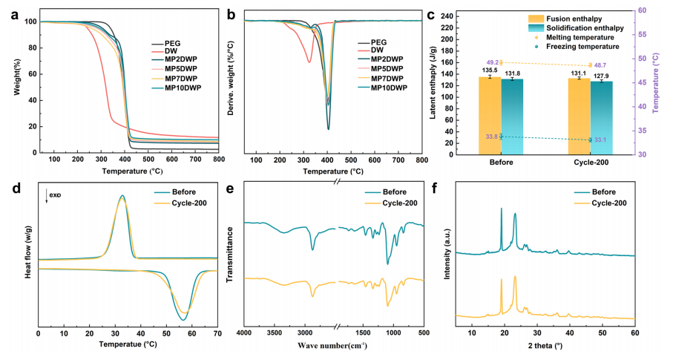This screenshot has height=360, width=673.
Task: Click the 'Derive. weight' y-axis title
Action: tap(232, 84)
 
